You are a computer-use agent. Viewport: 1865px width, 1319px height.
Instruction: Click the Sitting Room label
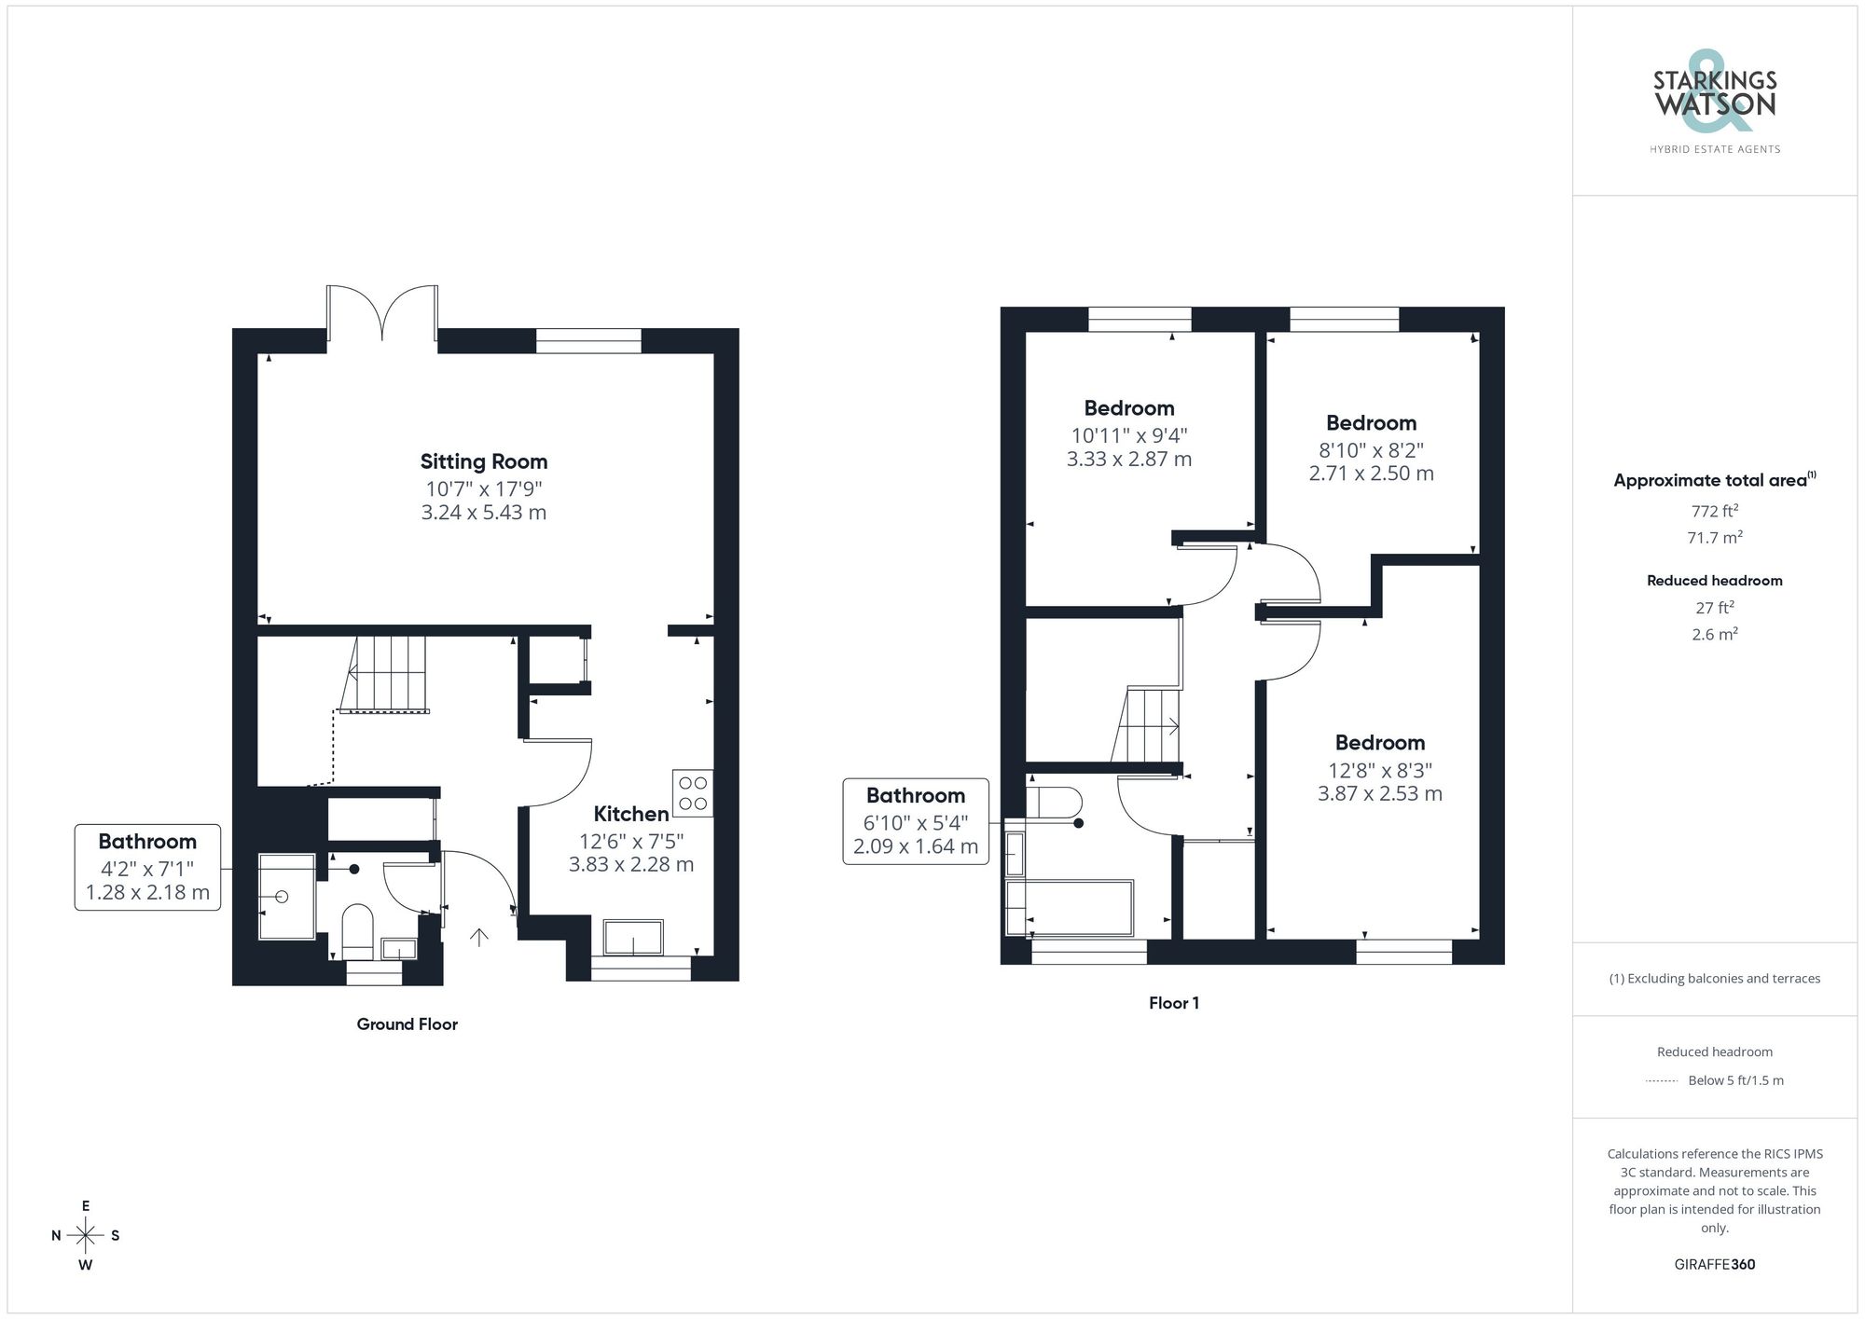[x=483, y=461]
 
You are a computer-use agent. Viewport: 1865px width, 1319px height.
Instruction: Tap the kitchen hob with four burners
[x=693, y=793]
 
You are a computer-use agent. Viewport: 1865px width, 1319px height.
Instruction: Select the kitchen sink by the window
[x=633, y=938]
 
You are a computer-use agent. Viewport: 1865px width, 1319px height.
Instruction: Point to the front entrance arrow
[x=478, y=937]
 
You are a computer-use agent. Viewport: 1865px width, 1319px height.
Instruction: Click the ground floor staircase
[x=387, y=674]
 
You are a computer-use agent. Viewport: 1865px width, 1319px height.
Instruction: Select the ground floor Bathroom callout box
[x=147, y=867]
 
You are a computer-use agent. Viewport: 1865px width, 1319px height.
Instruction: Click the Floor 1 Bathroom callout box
[x=915, y=821]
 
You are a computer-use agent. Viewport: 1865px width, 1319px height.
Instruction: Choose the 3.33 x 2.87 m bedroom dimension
[x=1128, y=460]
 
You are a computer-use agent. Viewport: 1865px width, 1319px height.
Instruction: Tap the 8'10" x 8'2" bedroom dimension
[x=1371, y=450]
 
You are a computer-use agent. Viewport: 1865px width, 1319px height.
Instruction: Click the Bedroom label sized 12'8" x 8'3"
[x=1379, y=743]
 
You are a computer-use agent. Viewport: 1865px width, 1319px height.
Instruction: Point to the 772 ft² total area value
[x=1714, y=511]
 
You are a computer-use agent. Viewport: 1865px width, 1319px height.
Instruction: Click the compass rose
[x=86, y=1236]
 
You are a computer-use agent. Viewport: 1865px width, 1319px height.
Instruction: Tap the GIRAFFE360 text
[x=1714, y=1265]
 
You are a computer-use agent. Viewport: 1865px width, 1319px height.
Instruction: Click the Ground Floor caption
[x=407, y=1024]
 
